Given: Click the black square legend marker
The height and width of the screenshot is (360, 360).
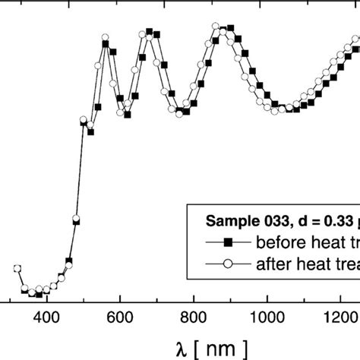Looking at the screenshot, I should pos(226,243).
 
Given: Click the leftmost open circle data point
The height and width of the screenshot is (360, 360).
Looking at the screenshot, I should pos(17,268).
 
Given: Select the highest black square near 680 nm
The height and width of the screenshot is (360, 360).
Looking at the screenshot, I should pos(150,32).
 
